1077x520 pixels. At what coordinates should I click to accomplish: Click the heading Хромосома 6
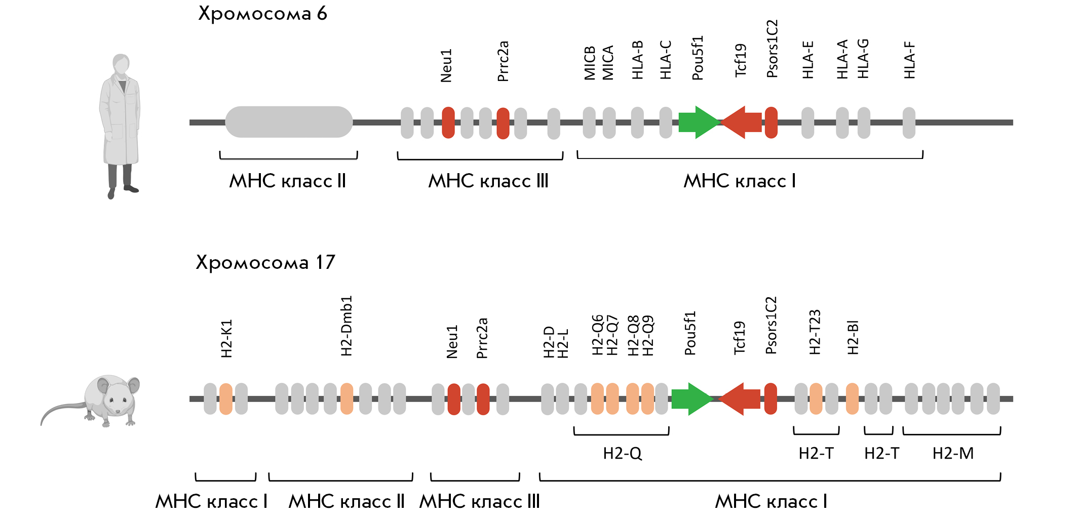[262, 14]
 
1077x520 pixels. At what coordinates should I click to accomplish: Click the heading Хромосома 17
[265, 263]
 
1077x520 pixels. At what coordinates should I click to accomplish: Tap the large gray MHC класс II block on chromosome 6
[289, 122]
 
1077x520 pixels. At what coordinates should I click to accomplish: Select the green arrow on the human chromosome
[699, 122]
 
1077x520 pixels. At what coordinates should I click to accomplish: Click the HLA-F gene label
[910, 60]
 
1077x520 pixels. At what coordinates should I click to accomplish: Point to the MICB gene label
[590, 63]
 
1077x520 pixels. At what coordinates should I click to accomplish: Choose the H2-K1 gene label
[226, 338]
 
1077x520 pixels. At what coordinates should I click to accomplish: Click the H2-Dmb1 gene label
[347, 326]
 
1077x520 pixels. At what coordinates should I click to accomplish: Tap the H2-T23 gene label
[815, 332]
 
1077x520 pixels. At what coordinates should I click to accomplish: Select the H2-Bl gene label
[853, 337]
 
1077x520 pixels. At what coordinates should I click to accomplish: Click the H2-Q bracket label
[622, 453]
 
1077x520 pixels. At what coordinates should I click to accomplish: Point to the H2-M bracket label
[953, 453]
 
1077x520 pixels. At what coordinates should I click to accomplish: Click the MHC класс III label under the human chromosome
[488, 181]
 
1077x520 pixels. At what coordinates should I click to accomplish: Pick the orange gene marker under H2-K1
[226, 399]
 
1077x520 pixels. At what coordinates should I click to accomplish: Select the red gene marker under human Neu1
[448, 123]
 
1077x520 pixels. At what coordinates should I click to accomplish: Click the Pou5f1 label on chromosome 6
[698, 58]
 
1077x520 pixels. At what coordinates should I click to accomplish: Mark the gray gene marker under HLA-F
[909, 123]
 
